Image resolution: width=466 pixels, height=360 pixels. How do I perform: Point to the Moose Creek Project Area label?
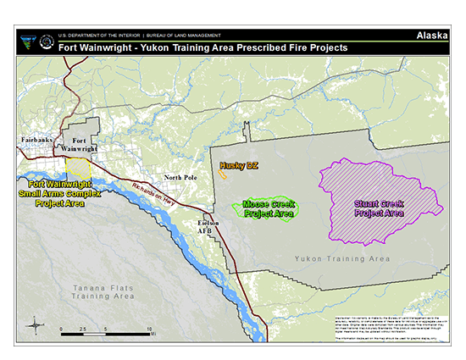pyautogui.click(x=269, y=209)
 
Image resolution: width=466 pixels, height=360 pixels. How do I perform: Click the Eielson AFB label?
pyautogui.click(x=208, y=226)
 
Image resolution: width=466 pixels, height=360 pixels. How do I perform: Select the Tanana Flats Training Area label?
pyautogui.click(x=103, y=293)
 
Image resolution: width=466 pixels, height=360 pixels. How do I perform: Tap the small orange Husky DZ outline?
pyautogui.click(x=222, y=176)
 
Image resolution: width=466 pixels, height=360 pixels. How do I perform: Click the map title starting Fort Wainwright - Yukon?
pyautogui.click(x=202, y=48)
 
